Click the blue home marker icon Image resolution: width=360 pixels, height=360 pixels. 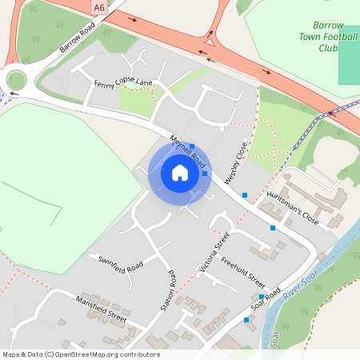(x=180, y=172)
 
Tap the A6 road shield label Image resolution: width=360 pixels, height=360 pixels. (x=98, y=7)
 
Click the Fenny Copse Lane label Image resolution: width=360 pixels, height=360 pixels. (x=123, y=82)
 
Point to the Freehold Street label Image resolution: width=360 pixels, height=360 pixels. (x=242, y=272)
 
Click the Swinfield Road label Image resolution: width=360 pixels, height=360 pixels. (x=120, y=265)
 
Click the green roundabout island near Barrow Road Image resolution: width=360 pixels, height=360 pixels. (x=17, y=80)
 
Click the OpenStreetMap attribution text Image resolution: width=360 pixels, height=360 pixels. (x=80, y=354)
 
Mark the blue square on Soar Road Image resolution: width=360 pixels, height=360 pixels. (x=261, y=297)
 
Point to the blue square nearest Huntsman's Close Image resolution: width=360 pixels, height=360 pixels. (x=273, y=228)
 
